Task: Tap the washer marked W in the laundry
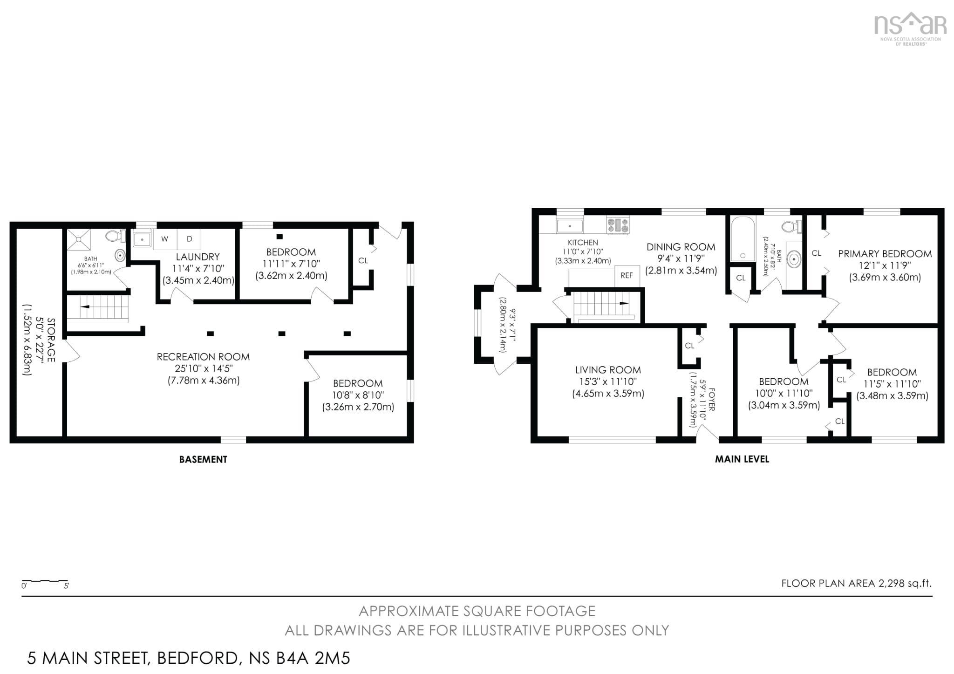click(165, 239)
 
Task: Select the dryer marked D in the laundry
click(189, 239)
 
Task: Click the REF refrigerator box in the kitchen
click(627, 276)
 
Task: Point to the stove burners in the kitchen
click(618, 225)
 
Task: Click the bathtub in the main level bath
click(743, 239)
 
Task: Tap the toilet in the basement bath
click(116, 236)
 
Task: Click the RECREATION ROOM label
click(203, 357)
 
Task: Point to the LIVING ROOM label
click(608, 370)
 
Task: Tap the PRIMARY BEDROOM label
click(885, 254)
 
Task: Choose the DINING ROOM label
click(681, 247)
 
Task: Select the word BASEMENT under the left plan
click(203, 460)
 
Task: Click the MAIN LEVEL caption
click(742, 459)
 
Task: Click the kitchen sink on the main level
click(570, 226)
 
